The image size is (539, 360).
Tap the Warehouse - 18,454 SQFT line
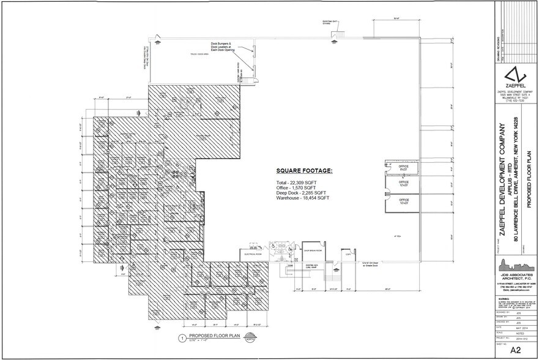click(x=303, y=198)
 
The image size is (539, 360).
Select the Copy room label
click(x=348, y=253)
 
